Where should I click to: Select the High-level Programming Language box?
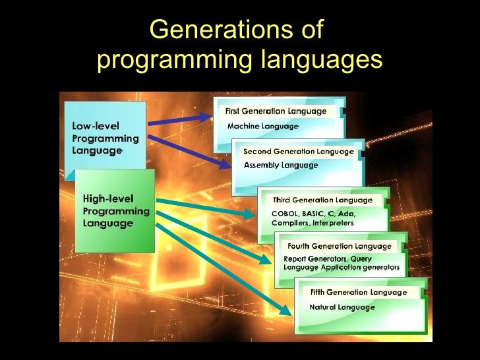[x=115, y=210]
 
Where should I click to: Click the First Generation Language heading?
[x=276, y=111]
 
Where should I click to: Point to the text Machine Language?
[x=262, y=125]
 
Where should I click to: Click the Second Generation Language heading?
[x=298, y=152]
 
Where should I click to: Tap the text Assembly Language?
[x=280, y=165]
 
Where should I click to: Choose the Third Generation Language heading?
[x=322, y=200]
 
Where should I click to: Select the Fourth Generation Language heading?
[x=340, y=246]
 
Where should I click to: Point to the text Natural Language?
[x=342, y=307]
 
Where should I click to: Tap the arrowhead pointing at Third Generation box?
[x=248, y=214]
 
